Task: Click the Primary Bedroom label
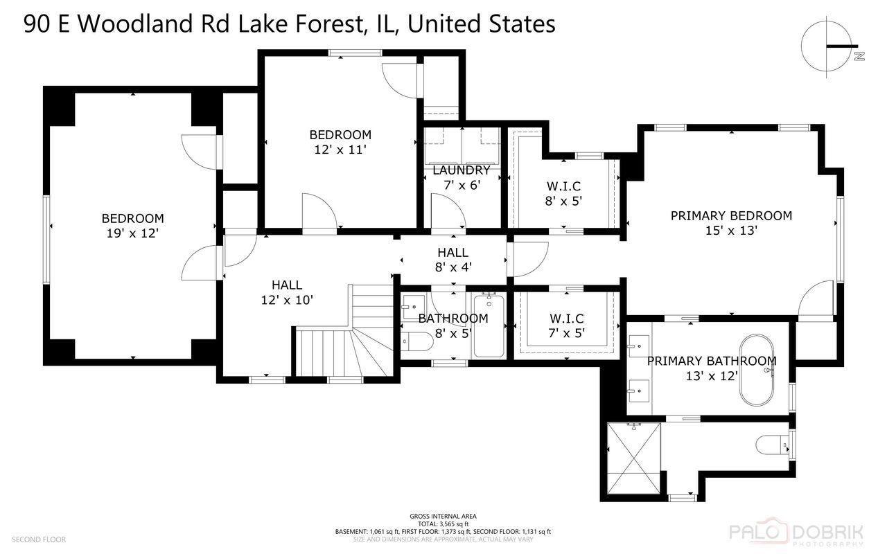tap(731, 215)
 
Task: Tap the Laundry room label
tap(462, 170)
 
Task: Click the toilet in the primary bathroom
tap(771, 443)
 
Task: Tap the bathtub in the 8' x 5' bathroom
tap(489, 324)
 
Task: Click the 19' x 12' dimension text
tap(132, 234)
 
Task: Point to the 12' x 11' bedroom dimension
tap(340, 149)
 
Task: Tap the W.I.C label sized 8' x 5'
tap(563, 186)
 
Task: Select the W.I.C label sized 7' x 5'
tap(566, 319)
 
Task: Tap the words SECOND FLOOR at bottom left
tap(39, 539)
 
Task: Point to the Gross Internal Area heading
tap(443, 517)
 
